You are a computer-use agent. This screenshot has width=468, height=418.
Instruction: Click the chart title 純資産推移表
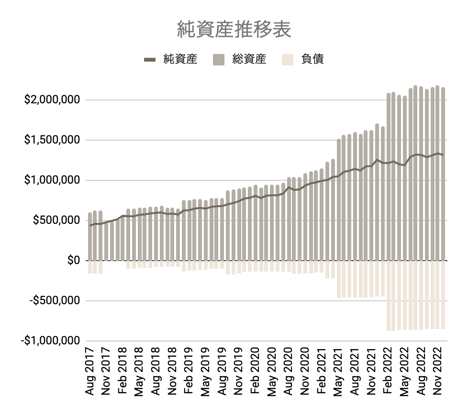pyautogui.click(x=234, y=29)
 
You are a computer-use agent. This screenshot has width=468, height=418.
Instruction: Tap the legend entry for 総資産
pyautogui.click(x=249, y=59)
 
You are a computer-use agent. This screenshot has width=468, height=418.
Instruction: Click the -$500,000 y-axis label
pyautogui.click(x=53, y=301)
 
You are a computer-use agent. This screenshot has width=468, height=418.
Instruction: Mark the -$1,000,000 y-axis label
pyautogui.click(x=50, y=341)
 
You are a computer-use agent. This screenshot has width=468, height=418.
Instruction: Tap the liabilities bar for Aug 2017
pyautogui.click(x=90, y=267)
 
